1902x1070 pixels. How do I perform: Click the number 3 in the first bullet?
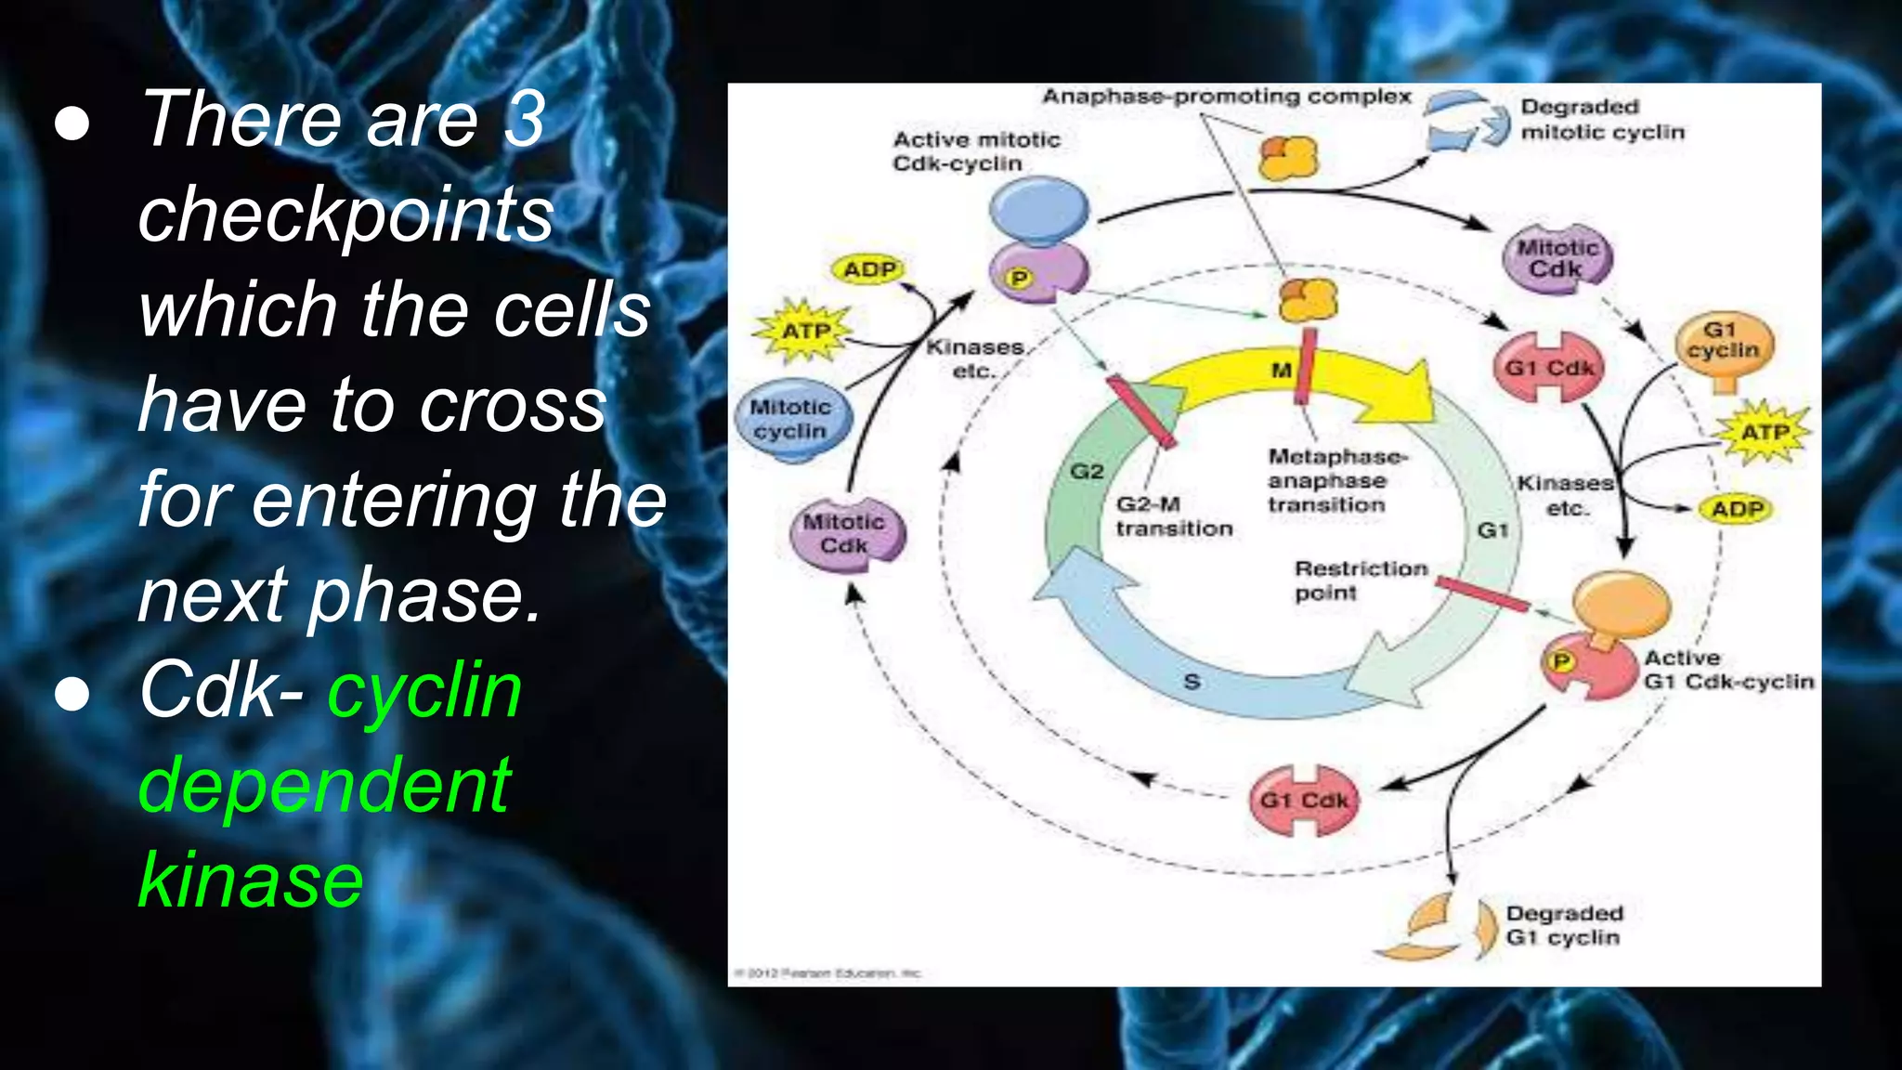click(x=525, y=120)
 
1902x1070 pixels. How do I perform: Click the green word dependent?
click(x=324, y=786)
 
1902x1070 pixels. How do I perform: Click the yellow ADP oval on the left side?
click(x=868, y=269)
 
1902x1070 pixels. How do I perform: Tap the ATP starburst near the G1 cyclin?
click(x=1764, y=433)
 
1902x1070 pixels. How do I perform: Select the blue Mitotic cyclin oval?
click(x=790, y=420)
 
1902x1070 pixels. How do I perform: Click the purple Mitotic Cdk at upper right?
click(x=1557, y=258)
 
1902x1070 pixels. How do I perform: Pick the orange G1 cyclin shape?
click(x=1724, y=346)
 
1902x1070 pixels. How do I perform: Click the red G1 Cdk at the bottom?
click(x=1303, y=800)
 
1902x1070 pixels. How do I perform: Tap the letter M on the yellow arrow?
click(x=1281, y=371)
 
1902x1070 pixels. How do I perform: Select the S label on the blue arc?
click(x=1192, y=682)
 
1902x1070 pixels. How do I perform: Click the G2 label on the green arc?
click(x=1087, y=472)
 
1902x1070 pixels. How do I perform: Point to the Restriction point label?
click(x=1360, y=581)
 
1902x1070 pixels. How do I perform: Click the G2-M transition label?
click(x=1174, y=516)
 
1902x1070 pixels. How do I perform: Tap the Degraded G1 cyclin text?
click(x=1564, y=925)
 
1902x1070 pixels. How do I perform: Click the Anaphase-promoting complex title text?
click(x=1226, y=97)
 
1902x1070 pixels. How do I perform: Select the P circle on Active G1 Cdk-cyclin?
click(x=1561, y=660)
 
